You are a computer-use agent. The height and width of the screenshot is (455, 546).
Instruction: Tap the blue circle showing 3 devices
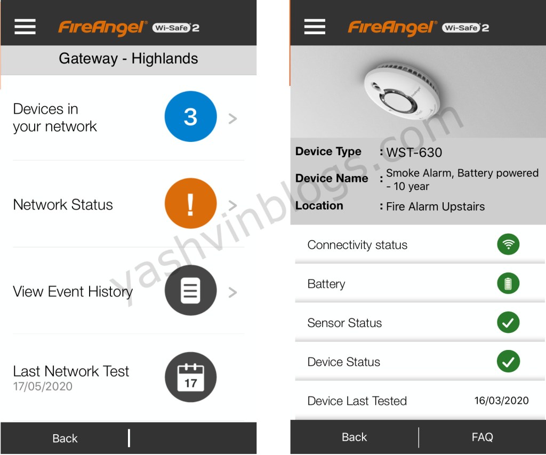[x=190, y=116]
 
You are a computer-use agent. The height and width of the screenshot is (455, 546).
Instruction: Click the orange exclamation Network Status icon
[x=190, y=203]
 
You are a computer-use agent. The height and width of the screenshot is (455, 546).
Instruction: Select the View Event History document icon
[x=190, y=290]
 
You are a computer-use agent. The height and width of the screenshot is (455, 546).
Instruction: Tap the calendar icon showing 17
[x=190, y=377]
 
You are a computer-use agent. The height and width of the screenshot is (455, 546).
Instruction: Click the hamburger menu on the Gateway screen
[x=25, y=27]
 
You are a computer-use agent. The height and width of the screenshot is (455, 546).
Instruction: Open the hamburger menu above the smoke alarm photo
[x=315, y=27]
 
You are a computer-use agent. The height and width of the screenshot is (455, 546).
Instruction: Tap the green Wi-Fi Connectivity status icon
[x=508, y=244]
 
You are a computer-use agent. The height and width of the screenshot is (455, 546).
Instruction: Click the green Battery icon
[x=508, y=283]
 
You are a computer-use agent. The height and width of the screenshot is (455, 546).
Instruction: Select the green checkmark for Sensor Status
[x=508, y=322]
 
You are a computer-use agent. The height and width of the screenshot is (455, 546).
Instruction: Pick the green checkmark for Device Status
[x=508, y=361]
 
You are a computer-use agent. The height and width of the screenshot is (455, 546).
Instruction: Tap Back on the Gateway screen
[x=65, y=438]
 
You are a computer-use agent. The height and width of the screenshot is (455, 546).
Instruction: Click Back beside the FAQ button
[x=354, y=437]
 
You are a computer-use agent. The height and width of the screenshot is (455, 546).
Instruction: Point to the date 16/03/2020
[x=501, y=401]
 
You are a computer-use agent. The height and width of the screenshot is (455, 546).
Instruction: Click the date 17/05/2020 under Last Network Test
[x=43, y=386]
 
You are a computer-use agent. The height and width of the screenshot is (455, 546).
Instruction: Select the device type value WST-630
[x=414, y=152]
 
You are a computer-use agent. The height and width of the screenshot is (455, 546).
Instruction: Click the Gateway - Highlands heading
[x=128, y=58]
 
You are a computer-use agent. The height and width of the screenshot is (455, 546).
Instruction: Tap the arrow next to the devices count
[x=232, y=118]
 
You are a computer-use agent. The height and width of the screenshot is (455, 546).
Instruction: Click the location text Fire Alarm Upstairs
[x=435, y=206]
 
